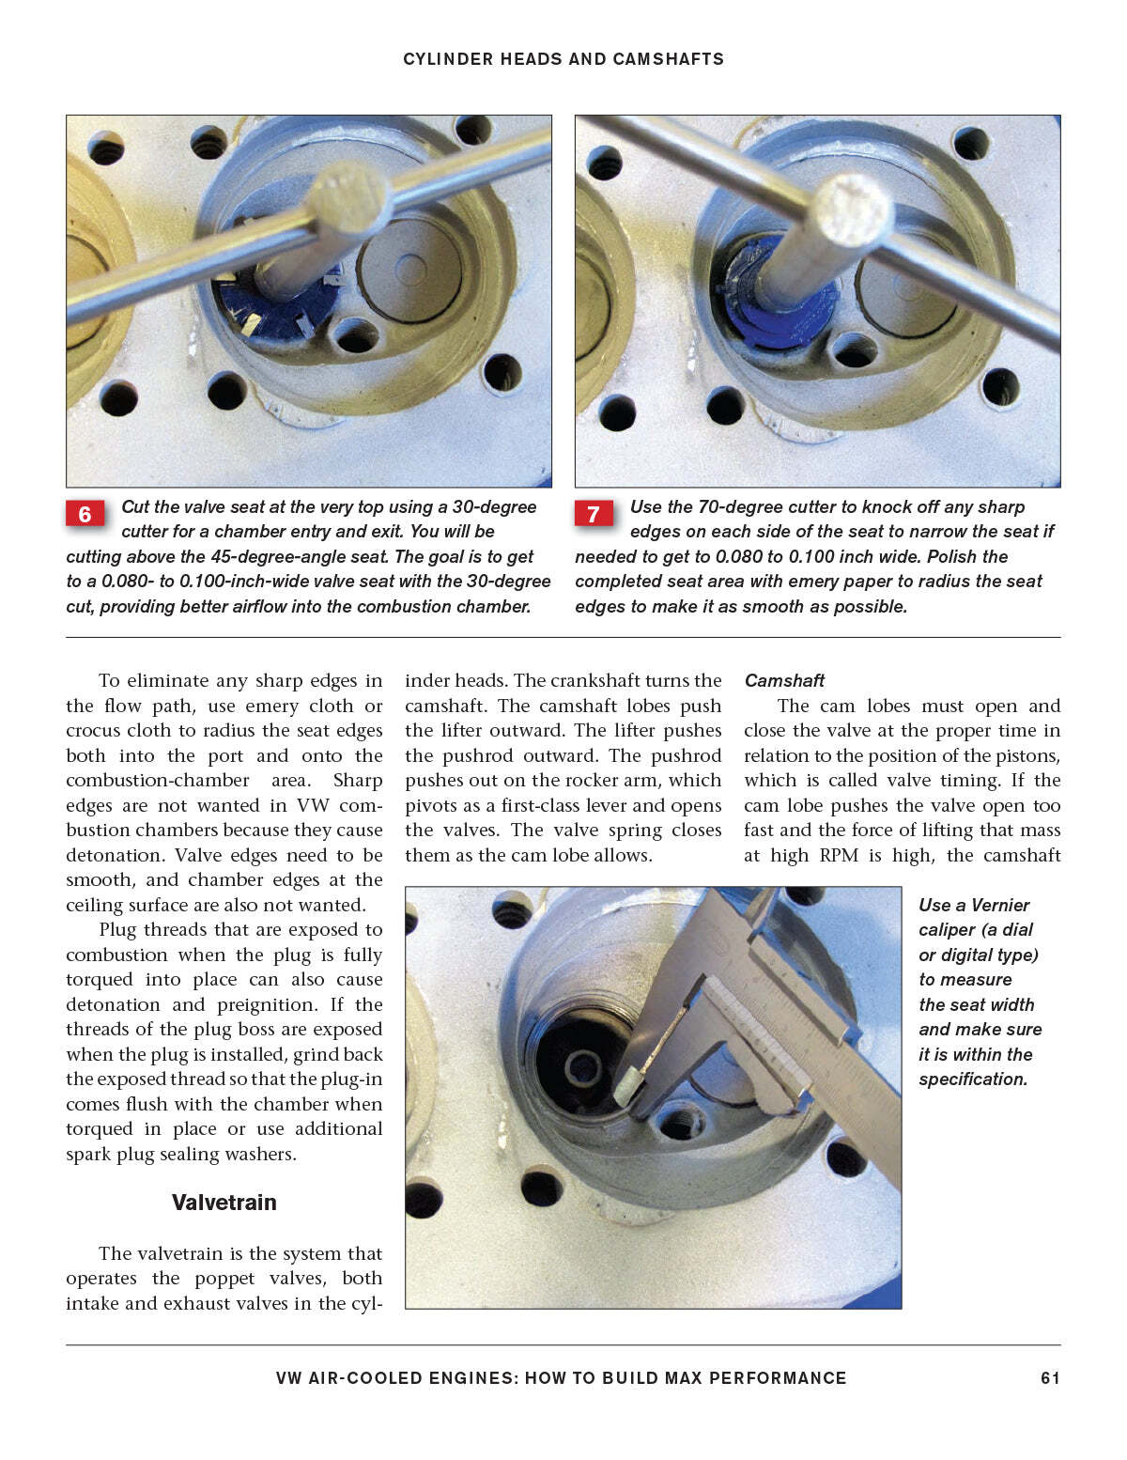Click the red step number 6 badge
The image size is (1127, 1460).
85,514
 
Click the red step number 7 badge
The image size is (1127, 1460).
593,514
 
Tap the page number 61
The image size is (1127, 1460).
1050,1378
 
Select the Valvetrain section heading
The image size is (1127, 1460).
224,1203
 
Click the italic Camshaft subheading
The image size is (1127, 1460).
784,680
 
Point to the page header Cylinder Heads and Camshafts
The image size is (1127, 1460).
563,59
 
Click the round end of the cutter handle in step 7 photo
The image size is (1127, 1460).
852,211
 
